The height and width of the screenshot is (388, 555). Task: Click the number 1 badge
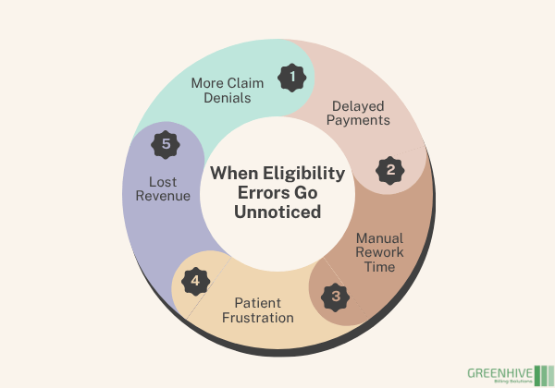(x=292, y=78)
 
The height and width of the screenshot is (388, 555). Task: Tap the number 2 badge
(x=390, y=170)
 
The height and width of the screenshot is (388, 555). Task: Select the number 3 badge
(x=336, y=297)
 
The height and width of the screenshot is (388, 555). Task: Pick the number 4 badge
(x=193, y=280)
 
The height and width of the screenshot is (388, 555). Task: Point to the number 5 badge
(x=166, y=144)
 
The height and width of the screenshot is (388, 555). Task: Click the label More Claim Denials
(x=228, y=91)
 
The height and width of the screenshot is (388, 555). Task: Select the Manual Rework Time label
(x=378, y=252)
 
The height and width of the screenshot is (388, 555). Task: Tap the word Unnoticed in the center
(x=277, y=212)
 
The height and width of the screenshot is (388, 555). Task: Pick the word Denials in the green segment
(x=228, y=99)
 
